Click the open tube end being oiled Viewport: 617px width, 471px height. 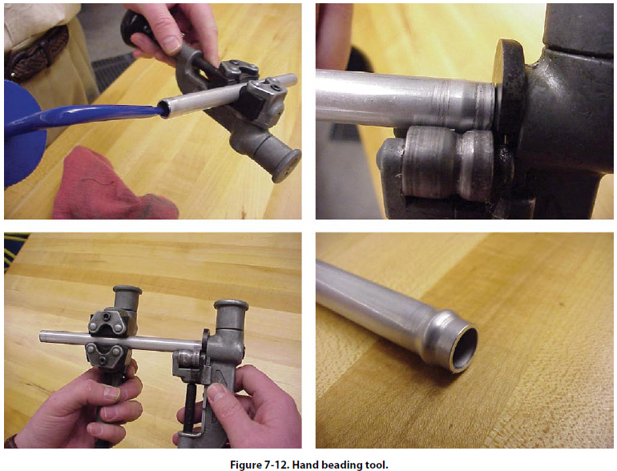click(165, 109)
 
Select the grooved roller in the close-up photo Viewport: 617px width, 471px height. click(449, 161)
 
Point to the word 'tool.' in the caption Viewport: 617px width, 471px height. click(377, 465)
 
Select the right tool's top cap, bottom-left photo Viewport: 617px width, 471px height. click(231, 305)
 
